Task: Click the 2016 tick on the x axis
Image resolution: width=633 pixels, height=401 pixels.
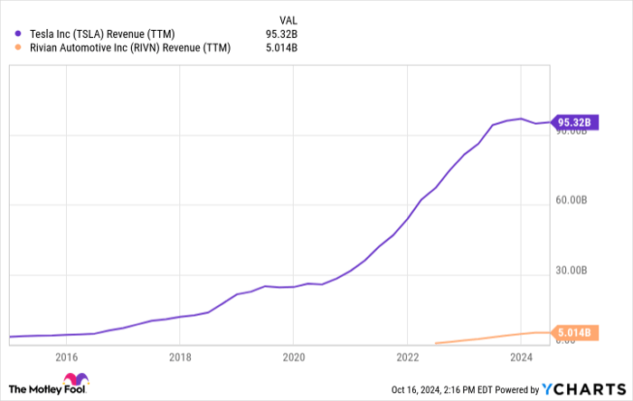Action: (x=67, y=358)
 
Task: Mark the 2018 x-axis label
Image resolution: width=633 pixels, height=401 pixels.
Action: (x=180, y=358)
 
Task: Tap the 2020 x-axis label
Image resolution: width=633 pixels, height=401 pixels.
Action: (x=293, y=358)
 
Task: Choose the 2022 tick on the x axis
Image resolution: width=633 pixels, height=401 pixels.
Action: (x=407, y=358)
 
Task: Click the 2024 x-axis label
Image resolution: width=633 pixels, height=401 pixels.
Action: (x=520, y=358)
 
